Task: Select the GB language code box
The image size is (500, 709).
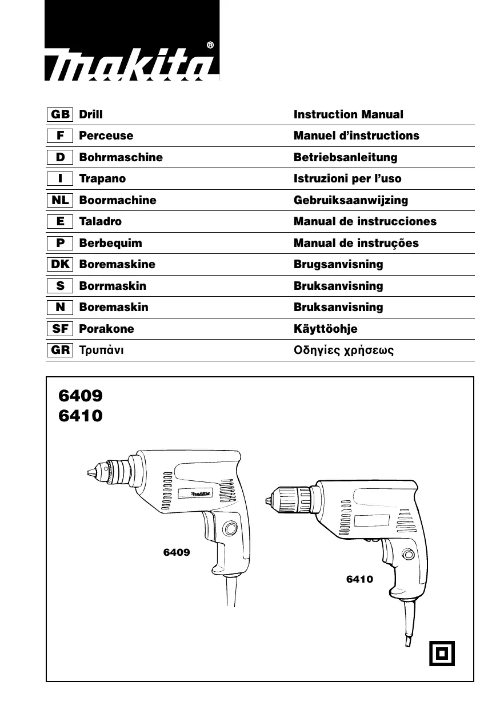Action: pyautogui.click(x=60, y=114)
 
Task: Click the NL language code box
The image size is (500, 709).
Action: pyautogui.click(x=60, y=200)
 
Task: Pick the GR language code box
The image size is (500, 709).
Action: pyautogui.click(x=60, y=350)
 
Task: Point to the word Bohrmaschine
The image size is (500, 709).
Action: pyautogui.click(x=121, y=157)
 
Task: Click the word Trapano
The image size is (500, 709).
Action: pyautogui.click(x=102, y=178)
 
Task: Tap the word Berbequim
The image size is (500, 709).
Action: pyautogui.click(x=110, y=243)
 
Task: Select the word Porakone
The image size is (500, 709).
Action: pyautogui.click(x=106, y=329)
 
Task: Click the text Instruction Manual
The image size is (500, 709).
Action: pyautogui.click(x=348, y=114)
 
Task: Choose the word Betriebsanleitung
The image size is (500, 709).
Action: pyautogui.click(x=345, y=157)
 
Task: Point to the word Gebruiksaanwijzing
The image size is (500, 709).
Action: pyautogui.click(x=350, y=200)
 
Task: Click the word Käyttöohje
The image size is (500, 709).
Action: pyautogui.click(x=325, y=329)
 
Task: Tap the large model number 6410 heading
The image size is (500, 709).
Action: pyautogui.click(x=81, y=416)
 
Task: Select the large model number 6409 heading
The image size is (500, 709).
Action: pyautogui.click(x=81, y=396)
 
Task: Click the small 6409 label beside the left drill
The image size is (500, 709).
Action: pyautogui.click(x=177, y=552)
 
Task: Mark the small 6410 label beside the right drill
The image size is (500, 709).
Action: pyautogui.click(x=359, y=579)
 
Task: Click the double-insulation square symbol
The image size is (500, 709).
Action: pyautogui.click(x=442, y=653)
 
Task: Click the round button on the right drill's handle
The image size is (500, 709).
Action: pyautogui.click(x=407, y=554)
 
